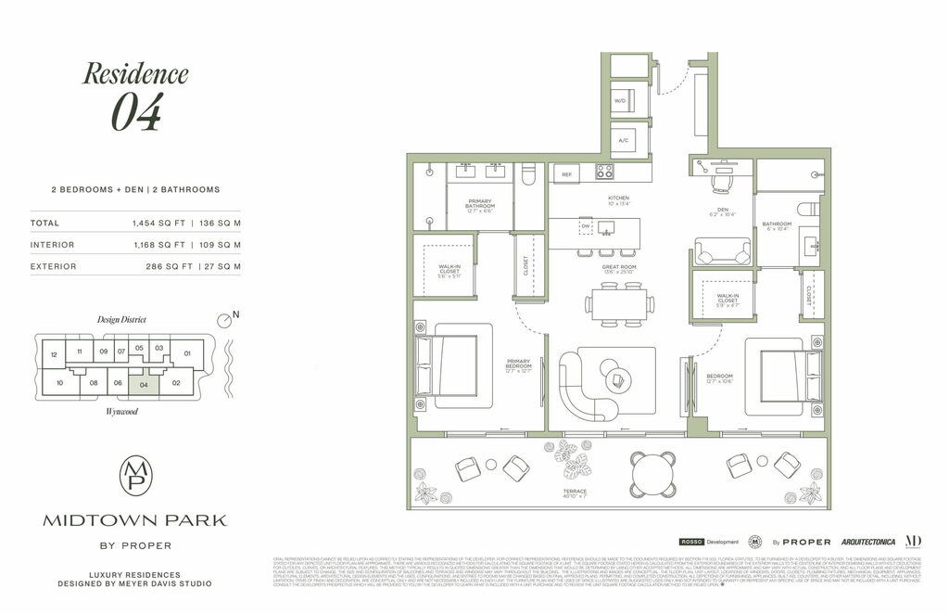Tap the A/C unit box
[624, 139]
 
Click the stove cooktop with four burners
[604, 172]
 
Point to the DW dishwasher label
[586, 227]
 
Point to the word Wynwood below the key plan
[121, 411]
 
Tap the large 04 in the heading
[136, 112]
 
